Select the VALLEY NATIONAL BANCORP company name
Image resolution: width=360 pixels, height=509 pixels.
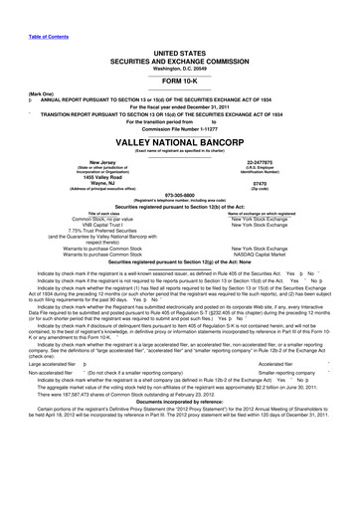click(180, 142)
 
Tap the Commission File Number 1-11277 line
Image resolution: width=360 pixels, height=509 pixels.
click(180, 129)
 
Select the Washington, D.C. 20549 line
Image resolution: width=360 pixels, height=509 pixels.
click(180, 66)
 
